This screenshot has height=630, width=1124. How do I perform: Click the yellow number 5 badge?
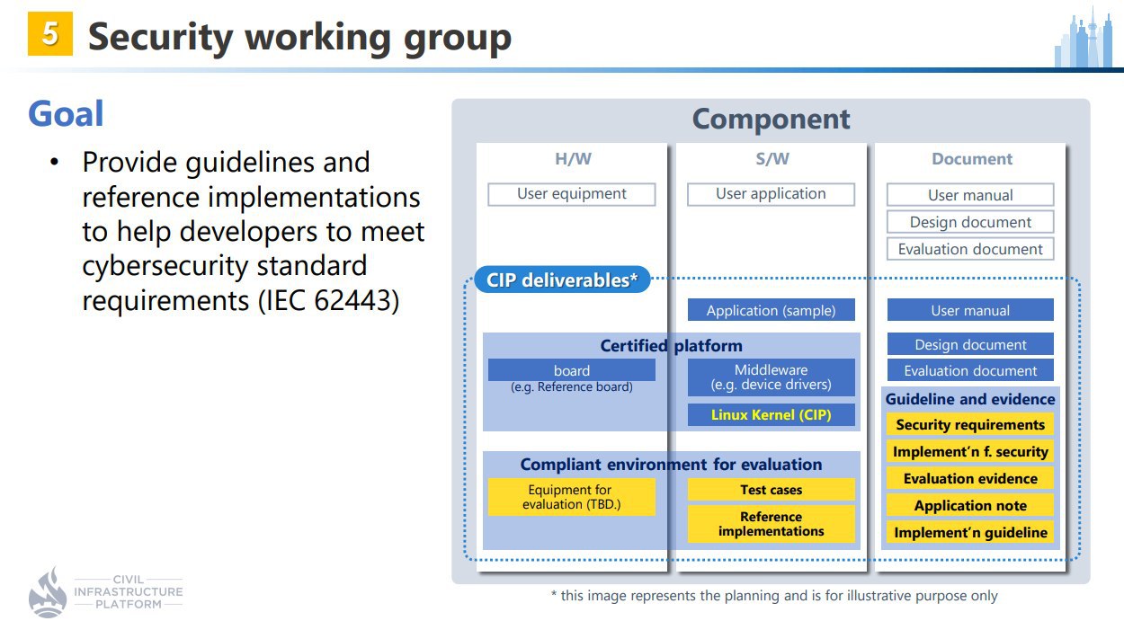click(50, 33)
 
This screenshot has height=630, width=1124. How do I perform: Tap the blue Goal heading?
click(66, 113)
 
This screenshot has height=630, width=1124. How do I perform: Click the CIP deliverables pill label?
click(562, 280)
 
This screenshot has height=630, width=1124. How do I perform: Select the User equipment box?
click(572, 194)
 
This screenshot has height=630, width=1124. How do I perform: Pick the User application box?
click(771, 194)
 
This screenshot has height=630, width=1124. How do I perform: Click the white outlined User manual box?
click(970, 195)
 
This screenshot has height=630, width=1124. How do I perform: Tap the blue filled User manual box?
click(970, 310)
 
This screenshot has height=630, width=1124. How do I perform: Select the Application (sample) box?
click(772, 310)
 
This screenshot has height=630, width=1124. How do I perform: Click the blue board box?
click(572, 369)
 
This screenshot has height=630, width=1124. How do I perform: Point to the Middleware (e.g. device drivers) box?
click(772, 377)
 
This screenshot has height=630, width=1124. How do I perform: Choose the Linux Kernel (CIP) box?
click(772, 415)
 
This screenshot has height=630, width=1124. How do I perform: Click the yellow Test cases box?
click(772, 490)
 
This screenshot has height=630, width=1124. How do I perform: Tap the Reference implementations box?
click(772, 524)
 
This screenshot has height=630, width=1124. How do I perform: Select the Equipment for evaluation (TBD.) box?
click(572, 497)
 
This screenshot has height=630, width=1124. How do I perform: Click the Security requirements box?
click(970, 424)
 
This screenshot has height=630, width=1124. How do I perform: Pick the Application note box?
click(970, 505)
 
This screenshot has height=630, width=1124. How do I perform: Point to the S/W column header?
click(772, 159)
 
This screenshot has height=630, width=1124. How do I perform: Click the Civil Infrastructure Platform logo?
click(106, 592)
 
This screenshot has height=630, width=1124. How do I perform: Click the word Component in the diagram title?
click(771, 119)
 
